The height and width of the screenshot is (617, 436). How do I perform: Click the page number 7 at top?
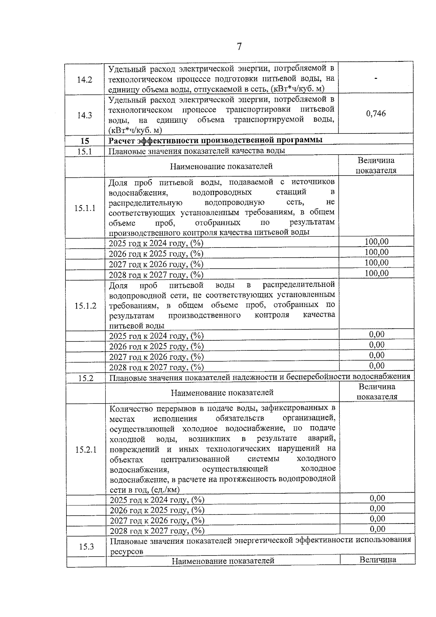point(239,47)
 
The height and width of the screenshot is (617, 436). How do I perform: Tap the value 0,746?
point(376,113)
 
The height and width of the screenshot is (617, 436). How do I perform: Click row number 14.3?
point(84,115)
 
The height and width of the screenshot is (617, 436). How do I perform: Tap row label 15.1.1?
point(85,208)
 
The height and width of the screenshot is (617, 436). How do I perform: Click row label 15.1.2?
point(85,306)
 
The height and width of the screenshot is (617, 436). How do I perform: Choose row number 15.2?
point(86,378)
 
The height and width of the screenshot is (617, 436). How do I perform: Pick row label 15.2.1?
point(86,450)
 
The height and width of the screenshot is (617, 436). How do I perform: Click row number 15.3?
point(86,546)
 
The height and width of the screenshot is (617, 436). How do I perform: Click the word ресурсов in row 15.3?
point(126,552)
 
